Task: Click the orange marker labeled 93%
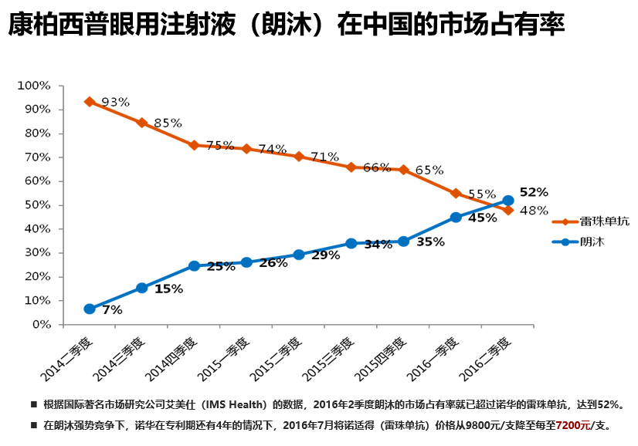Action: coord(90,101)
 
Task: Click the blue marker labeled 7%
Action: coord(90,309)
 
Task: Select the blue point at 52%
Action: coord(508,201)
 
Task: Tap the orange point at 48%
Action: coord(508,210)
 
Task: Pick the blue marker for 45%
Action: coord(456,218)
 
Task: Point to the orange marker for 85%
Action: coord(142,123)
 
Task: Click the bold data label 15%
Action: coord(169,289)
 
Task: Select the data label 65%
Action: coord(429,170)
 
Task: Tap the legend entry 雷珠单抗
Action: coord(602,221)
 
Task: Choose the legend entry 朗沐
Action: coord(590,242)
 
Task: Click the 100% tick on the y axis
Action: coord(33,85)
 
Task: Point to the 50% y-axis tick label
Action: coord(36,205)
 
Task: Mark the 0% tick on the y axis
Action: coord(40,325)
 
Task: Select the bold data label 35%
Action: coord(430,242)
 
